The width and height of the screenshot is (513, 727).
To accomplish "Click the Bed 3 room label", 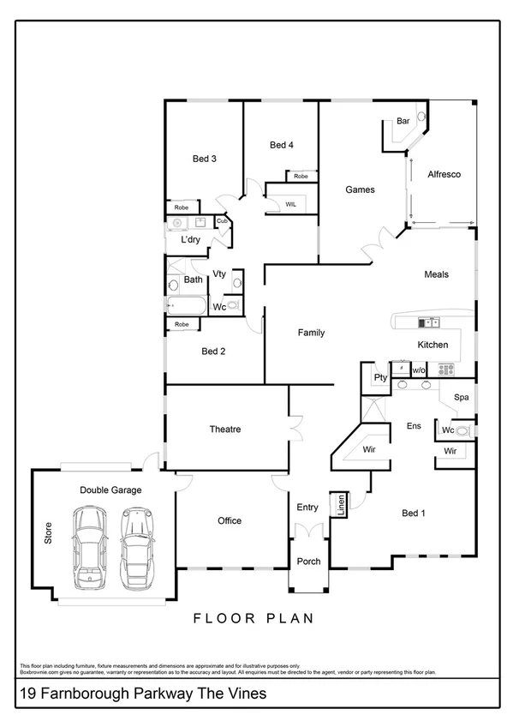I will (204, 159).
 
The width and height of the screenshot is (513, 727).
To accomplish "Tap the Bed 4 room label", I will (282, 145).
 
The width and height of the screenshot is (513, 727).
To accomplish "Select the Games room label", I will (360, 189).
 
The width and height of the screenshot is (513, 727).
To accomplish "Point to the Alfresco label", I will (444, 174).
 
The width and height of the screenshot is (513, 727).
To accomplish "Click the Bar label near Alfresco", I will (403, 123).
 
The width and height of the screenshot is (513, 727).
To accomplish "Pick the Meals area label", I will (436, 274).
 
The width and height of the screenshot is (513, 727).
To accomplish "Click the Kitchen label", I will (432, 344).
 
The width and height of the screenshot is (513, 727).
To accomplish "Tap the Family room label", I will (311, 333).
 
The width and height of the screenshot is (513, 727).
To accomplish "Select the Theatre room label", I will (224, 429).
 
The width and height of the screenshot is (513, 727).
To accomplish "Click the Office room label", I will (229, 520).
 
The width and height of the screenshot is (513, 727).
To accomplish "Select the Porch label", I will (307, 562).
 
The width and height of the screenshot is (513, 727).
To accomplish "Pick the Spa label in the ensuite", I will (461, 398).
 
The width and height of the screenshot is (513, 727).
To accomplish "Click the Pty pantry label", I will (380, 377).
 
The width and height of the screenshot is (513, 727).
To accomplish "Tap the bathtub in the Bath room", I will (184, 306).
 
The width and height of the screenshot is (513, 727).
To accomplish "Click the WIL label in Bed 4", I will (290, 204).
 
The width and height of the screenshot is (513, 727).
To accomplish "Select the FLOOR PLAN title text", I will (253, 617).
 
